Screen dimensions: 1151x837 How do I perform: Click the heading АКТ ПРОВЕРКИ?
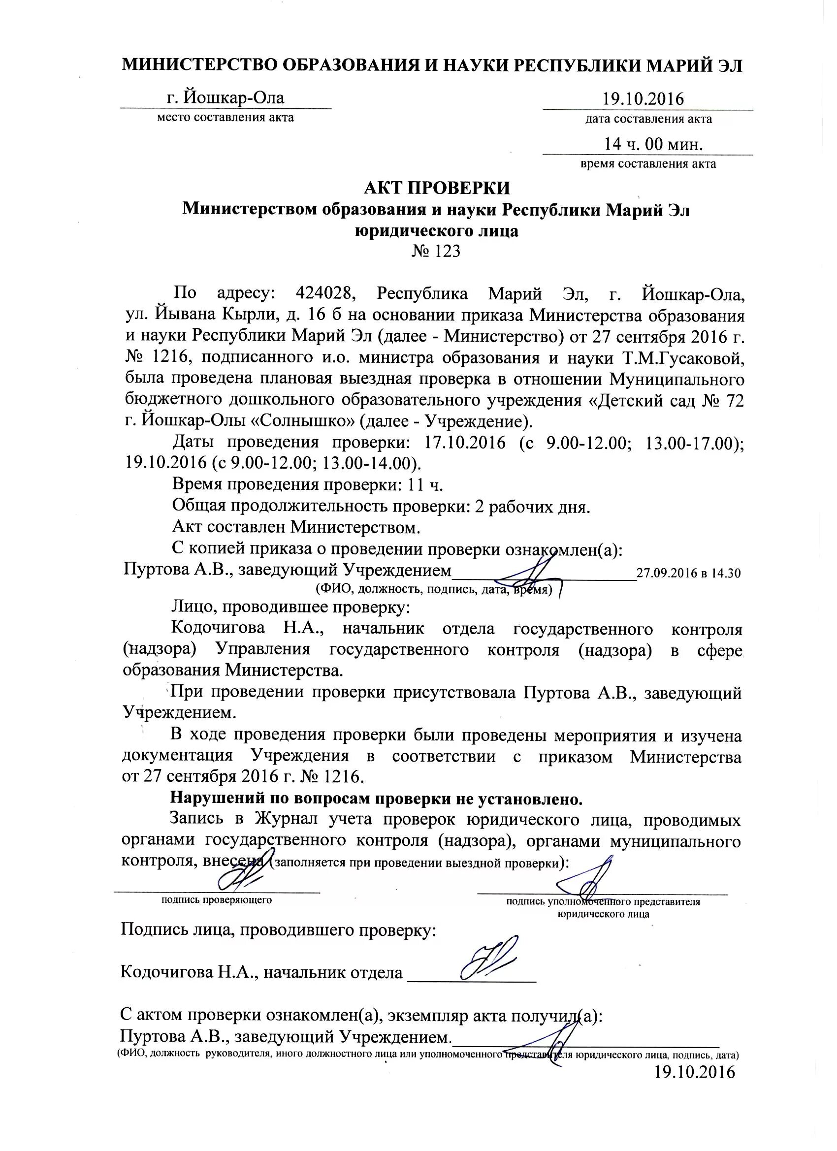pyautogui.click(x=437, y=188)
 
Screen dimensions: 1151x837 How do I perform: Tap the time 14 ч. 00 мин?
pyautogui.click(x=653, y=145)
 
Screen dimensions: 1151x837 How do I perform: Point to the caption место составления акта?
pyautogui.click(x=225, y=118)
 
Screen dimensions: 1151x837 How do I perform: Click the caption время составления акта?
pyautogui.click(x=648, y=164)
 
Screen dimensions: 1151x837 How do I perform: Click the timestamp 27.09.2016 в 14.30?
pyautogui.click(x=688, y=574)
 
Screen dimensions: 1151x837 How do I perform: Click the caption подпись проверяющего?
pyautogui.click(x=217, y=900)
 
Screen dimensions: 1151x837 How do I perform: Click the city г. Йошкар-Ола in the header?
pyautogui.click(x=225, y=97)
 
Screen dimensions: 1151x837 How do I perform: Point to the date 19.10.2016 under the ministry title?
pyautogui.click(x=643, y=99)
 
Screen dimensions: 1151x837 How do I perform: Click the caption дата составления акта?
pyautogui.click(x=648, y=120)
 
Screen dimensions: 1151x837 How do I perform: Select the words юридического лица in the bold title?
pyautogui.click(x=437, y=231)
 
